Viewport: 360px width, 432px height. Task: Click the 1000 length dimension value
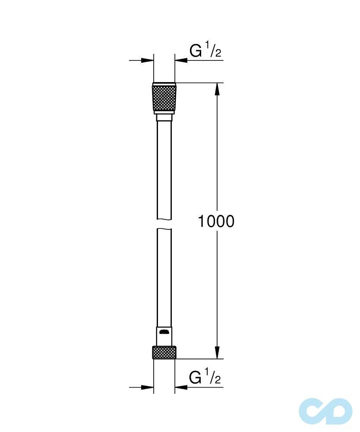coord(216,221)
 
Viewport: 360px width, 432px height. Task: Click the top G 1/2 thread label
coord(205,51)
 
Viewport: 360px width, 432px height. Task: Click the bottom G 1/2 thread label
coord(205,378)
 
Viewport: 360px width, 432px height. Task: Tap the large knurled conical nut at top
coord(164,98)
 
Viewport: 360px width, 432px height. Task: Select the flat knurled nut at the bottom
coord(164,352)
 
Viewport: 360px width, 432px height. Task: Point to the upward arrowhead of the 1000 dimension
coord(217,88)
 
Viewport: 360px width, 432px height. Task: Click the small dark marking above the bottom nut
coord(164,332)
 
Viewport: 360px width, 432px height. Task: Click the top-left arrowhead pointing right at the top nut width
coord(148,60)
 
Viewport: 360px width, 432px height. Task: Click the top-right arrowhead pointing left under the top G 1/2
coord(181,60)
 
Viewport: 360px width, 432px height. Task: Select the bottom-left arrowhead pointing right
coord(148,387)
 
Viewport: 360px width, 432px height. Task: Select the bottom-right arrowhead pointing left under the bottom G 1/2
coord(181,387)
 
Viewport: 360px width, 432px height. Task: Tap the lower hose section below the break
coord(164,276)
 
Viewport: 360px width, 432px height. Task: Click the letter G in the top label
coord(196,51)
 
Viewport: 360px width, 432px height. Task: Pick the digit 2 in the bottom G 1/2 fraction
coord(218,380)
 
